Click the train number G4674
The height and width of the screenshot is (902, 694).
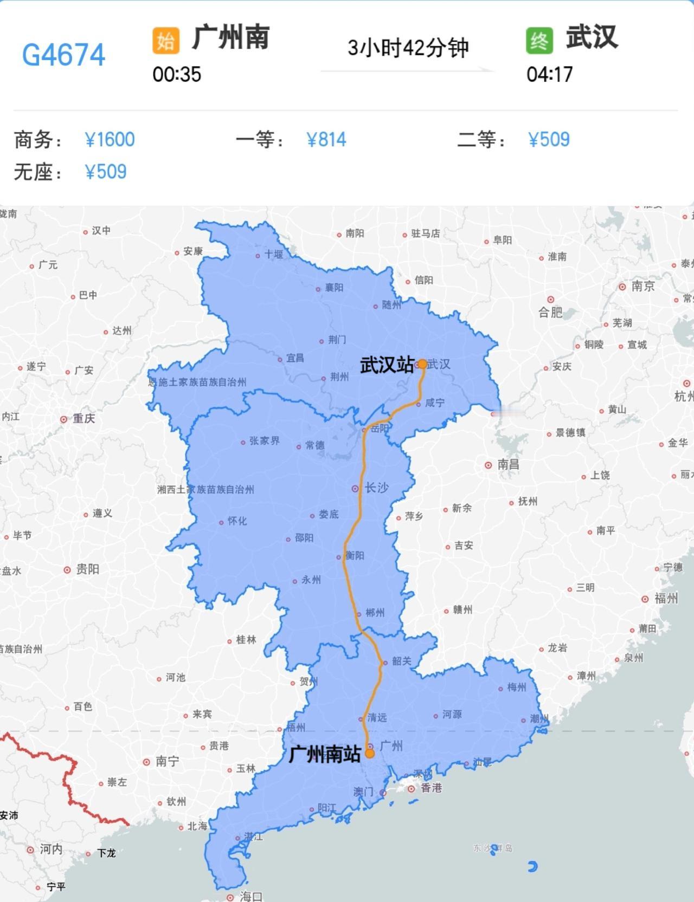point(63,55)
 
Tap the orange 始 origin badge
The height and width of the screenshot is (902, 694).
point(165,41)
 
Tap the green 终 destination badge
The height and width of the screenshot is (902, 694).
point(539,41)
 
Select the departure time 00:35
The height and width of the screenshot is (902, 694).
point(177,74)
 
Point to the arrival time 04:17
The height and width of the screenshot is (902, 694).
point(549,74)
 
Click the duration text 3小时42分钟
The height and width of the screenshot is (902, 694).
point(408,48)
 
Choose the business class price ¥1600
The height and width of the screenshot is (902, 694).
point(110,140)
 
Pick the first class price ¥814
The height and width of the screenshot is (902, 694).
point(326,140)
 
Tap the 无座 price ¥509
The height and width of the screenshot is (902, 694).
point(106,172)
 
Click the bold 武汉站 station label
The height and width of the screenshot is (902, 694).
point(387,365)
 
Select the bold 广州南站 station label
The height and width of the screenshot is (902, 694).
point(324,754)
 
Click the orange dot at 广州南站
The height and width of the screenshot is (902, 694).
point(370,753)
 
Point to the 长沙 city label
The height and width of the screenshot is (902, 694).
point(376,488)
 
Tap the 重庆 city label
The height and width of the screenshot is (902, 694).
point(83,418)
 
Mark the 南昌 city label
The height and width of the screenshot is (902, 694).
point(508,464)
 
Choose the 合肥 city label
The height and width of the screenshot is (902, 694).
point(550,312)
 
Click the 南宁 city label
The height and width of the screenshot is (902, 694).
point(167,761)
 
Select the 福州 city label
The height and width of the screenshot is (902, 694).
point(666,598)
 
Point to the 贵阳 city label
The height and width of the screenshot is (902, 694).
point(87,569)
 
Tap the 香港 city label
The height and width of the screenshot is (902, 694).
point(432,787)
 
